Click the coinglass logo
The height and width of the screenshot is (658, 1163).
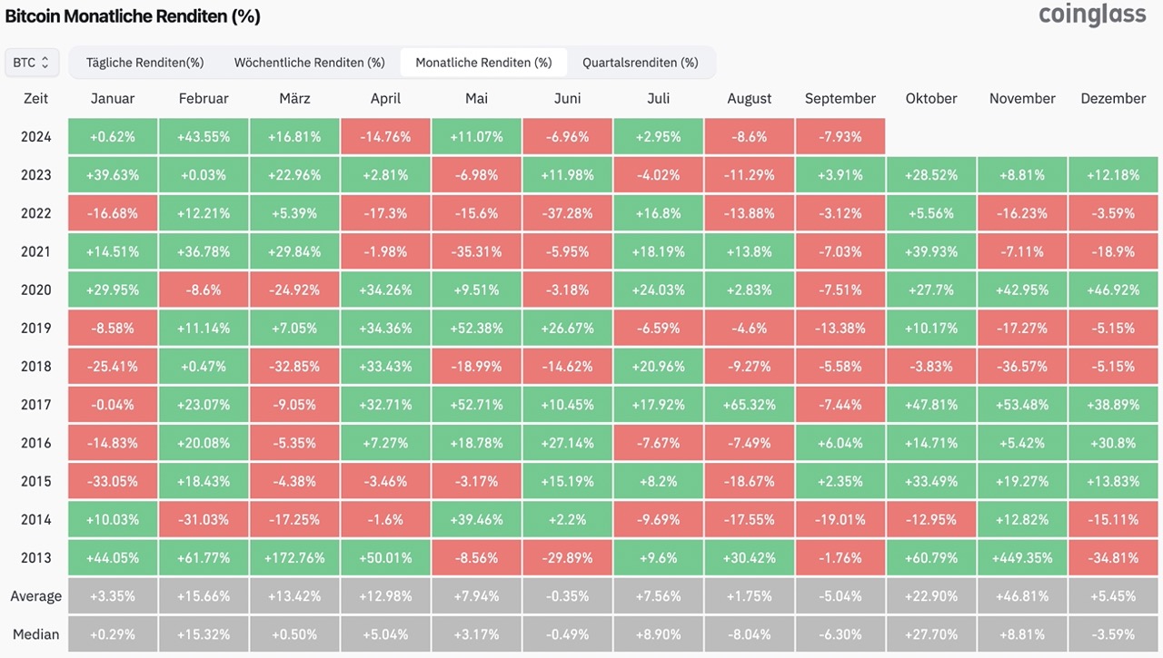tap(1092, 15)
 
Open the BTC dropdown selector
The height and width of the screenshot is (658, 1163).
tap(32, 63)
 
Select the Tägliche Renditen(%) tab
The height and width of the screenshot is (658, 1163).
tap(144, 63)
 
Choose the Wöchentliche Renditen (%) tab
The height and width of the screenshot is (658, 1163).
tap(310, 63)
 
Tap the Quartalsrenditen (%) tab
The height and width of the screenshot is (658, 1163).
tap(641, 63)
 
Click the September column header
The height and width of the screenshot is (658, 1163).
tap(840, 99)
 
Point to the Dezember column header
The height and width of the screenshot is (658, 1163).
tap(1113, 99)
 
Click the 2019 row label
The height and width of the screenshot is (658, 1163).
tap(35, 329)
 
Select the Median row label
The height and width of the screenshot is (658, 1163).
tap(35, 634)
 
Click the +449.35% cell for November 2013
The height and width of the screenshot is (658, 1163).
tap(1022, 558)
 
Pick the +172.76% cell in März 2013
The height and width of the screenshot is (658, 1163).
tap(294, 558)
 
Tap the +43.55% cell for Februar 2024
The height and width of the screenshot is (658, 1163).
tap(204, 137)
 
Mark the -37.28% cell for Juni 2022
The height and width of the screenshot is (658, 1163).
tap(568, 213)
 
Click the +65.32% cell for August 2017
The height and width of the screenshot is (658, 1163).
tap(750, 405)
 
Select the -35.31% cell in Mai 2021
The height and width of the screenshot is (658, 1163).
tap(477, 251)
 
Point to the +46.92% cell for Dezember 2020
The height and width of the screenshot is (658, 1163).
tap(1113, 290)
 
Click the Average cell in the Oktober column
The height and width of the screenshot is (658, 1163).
tap(931, 596)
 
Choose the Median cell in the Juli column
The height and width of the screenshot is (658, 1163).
tap(659, 634)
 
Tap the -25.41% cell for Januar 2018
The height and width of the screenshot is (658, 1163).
tap(113, 367)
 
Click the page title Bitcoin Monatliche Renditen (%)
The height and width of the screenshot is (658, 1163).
tap(133, 16)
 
